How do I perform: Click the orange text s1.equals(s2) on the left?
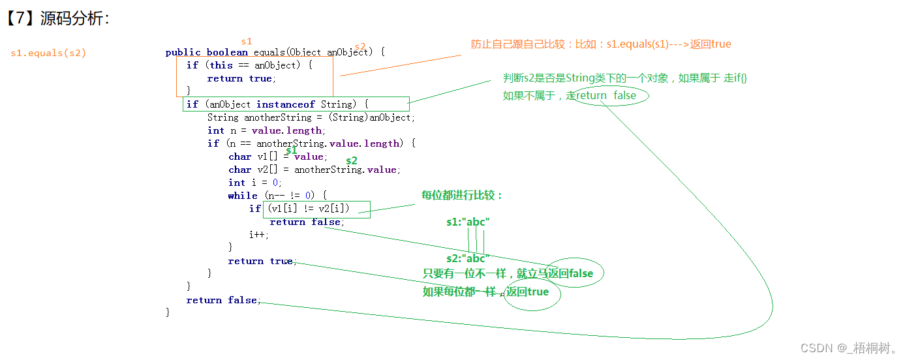pos(48,53)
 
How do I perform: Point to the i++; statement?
pos(258,235)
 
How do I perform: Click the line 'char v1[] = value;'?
pos(278,157)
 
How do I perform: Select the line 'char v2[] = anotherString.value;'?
pos(313,170)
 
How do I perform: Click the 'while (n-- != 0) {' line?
pos(277,196)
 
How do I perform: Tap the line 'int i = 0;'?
pos(254,183)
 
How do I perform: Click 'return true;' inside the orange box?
pos(241,78)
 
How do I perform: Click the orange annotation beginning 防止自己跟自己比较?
pos(601,44)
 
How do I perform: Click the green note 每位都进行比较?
pos(462,195)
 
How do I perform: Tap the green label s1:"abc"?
pos(468,222)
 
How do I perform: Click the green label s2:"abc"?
pos(468,258)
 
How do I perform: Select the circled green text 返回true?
pos(528,292)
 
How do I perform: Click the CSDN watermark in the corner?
pos(848,348)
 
